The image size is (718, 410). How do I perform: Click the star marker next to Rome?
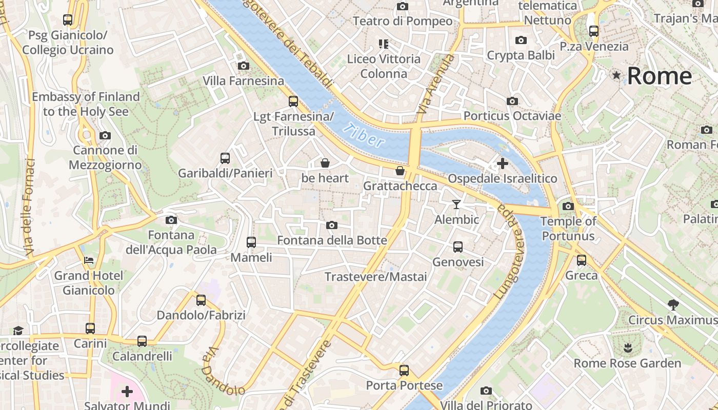point(616,76)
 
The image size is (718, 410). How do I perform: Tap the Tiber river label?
point(364,136)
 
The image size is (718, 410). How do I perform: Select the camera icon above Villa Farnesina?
point(244,66)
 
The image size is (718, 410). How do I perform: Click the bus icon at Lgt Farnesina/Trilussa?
point(293,101)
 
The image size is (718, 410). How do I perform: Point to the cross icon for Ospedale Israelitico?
point(503,163)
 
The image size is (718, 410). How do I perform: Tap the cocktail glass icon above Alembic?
point(456,204)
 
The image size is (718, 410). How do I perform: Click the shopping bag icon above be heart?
point(325,163)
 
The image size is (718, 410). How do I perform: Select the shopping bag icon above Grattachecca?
point(400,171)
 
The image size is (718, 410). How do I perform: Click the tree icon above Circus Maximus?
point(673,305)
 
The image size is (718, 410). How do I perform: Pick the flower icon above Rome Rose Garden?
point(627,348)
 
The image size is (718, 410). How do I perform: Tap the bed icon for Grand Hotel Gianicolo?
point(89,260)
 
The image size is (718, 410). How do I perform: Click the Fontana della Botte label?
point(332,240)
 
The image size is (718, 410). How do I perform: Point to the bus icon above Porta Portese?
point(404,370)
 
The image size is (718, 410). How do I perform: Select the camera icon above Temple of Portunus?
point(568,206)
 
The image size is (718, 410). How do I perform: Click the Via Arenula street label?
point(436,85)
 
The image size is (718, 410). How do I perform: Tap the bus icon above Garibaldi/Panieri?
point(225,158)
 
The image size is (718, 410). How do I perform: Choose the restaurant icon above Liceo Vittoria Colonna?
point(383,44)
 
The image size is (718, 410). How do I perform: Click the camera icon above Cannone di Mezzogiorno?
point(105,135)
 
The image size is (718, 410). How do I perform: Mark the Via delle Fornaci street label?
point(29,208)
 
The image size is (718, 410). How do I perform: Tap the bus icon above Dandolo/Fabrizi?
point(201,300)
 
